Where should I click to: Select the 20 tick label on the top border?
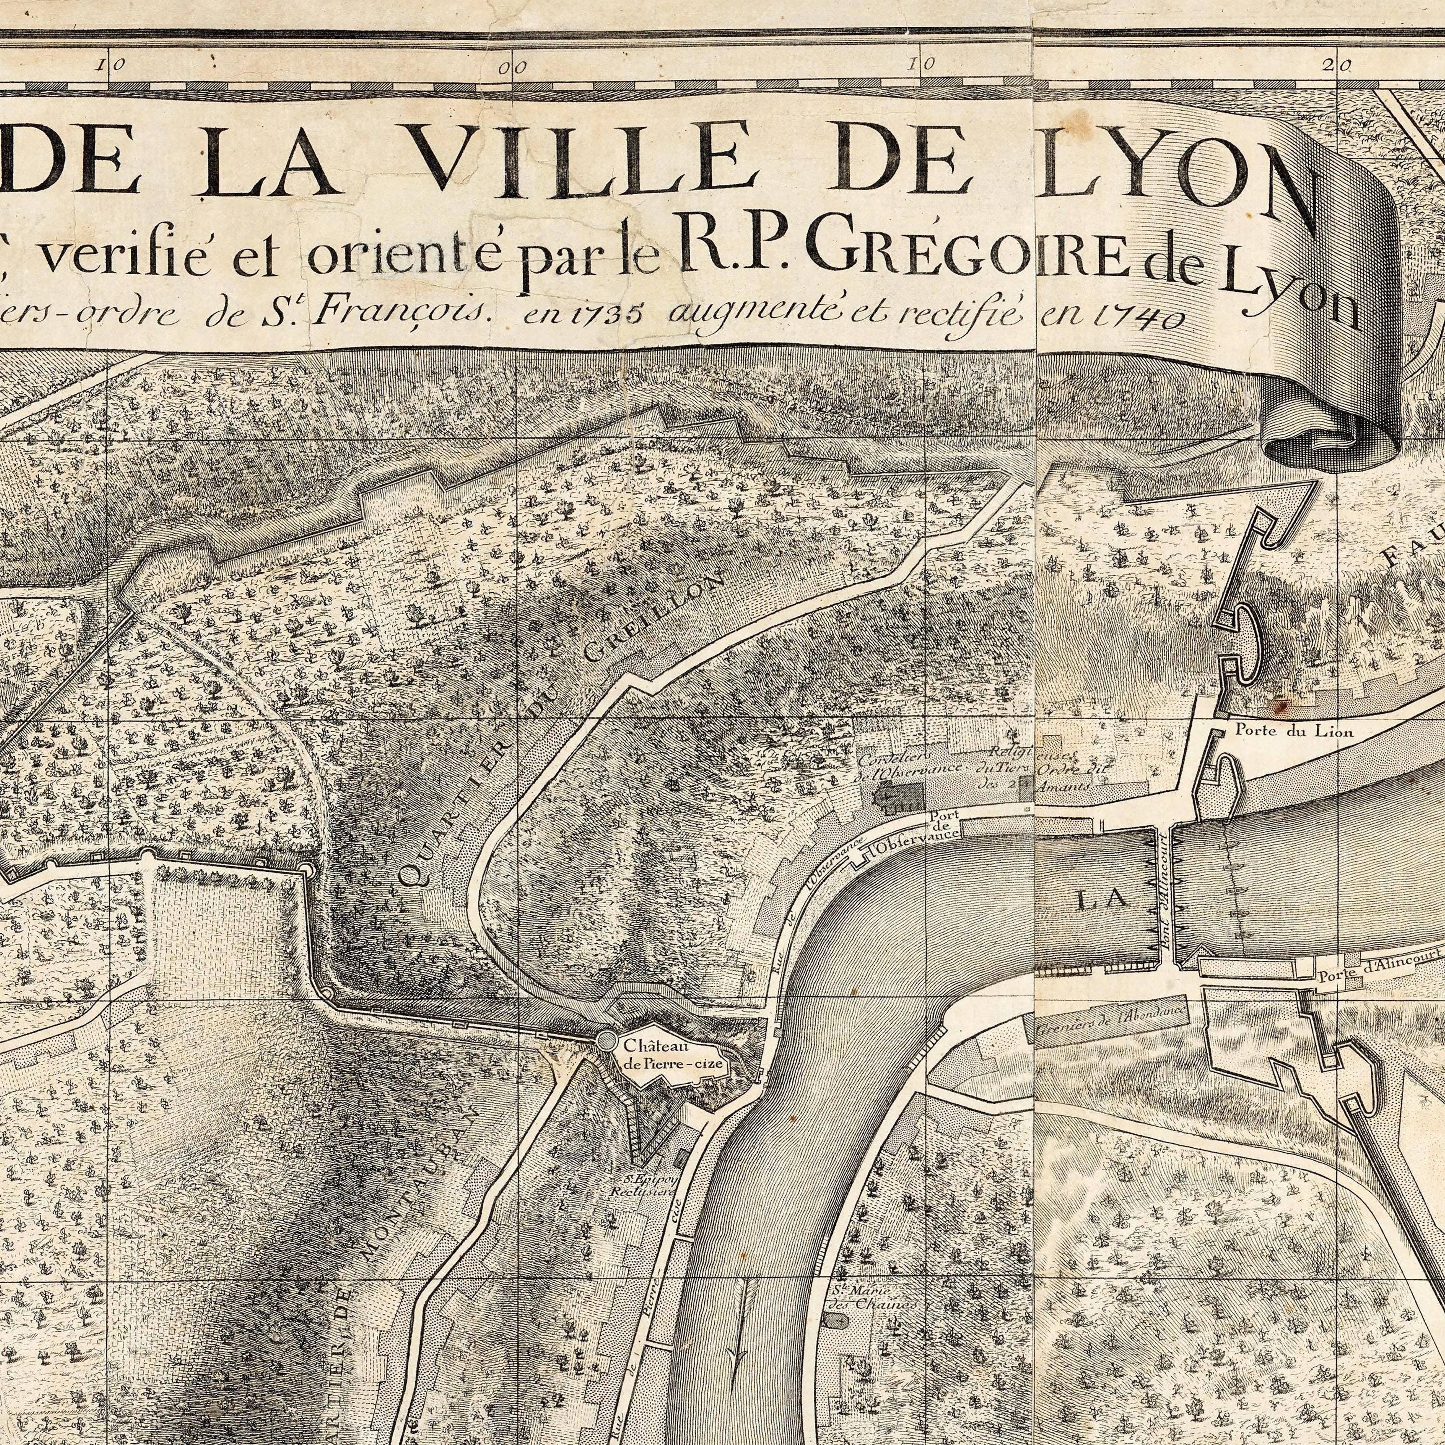(1344, 65)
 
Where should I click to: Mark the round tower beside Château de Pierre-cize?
(606, 1041)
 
